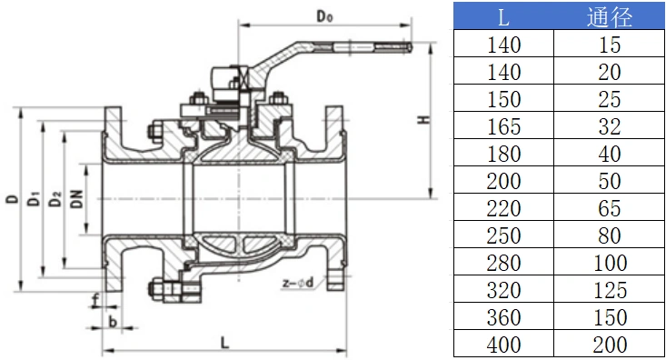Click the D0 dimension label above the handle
(325, 16)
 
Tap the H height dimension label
(423, 120)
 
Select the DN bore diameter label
(77, 198)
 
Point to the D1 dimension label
(34, 199)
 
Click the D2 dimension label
(55, 199)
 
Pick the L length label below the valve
(224, 342)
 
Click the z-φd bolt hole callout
(298, 282)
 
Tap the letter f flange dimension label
(95, 300)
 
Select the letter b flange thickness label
(113, 322)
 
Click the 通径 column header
(610, 17)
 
